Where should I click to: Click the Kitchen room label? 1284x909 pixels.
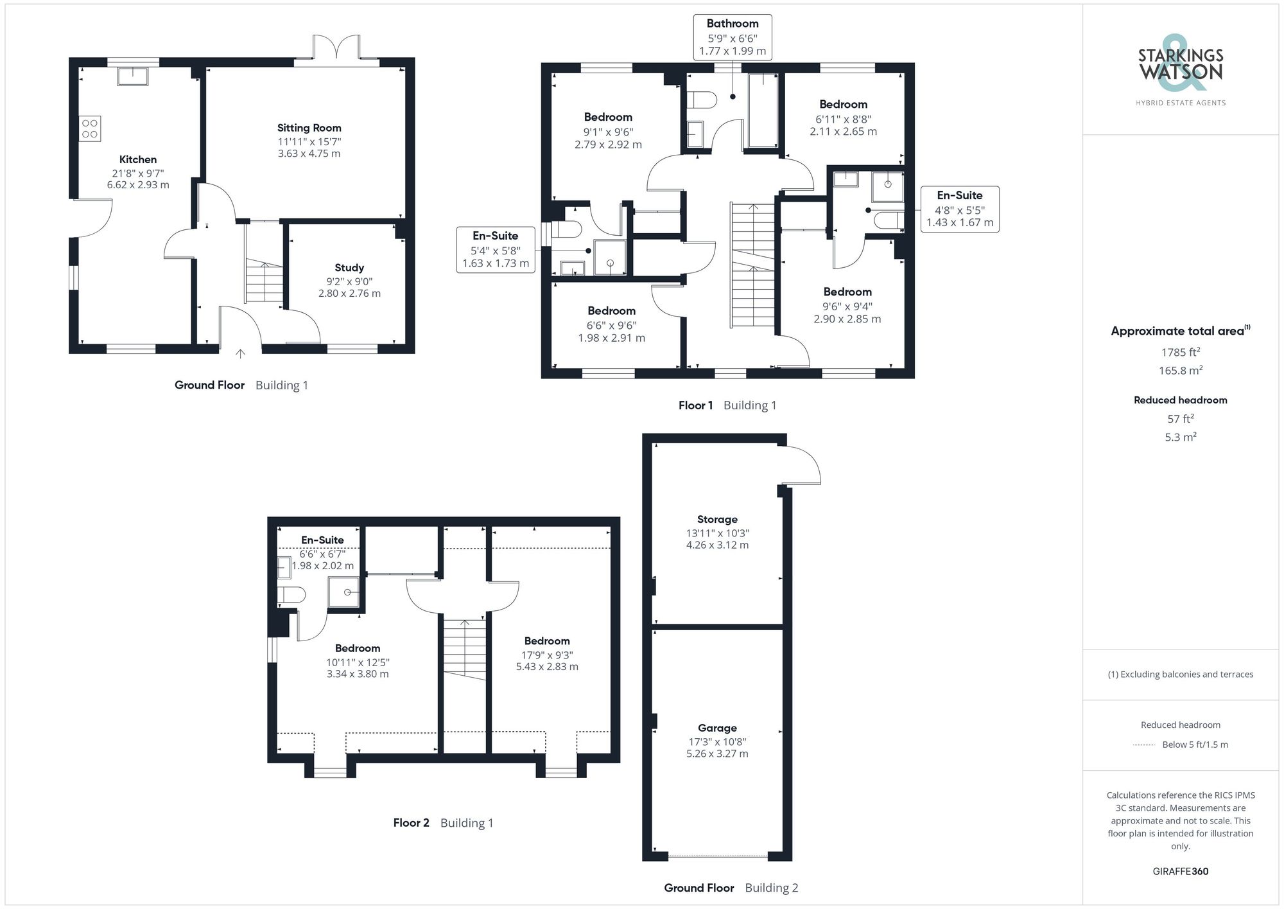(137, 159)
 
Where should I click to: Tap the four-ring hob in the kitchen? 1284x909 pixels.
(90, 128)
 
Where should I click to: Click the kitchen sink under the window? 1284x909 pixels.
(133, 76)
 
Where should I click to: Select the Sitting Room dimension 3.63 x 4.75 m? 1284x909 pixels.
(309, 154)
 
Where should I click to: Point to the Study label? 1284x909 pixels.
(349, 267)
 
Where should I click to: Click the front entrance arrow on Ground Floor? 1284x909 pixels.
(240, 353)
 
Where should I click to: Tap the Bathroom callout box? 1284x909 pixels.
(732, 37)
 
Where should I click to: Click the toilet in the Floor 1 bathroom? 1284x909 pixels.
(702, 100)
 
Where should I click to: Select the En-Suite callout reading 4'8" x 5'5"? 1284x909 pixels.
(959, 209)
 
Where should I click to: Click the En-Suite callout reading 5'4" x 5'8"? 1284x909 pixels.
(495, 249)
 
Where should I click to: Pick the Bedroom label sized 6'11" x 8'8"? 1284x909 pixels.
(843, 104)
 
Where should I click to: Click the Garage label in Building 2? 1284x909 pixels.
(716, 728)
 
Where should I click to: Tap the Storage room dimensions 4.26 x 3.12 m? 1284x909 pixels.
(716, 545)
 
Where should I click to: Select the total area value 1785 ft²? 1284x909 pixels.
(1180, 352)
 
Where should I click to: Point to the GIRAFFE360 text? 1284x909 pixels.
(1180, 871)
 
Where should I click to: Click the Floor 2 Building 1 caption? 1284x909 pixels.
(443, 823)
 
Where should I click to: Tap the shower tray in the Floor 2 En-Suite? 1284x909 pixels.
(344, 592)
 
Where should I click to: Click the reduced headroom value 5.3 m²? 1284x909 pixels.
(1180, 437)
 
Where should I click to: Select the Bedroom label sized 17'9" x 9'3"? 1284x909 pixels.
(546, 640)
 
